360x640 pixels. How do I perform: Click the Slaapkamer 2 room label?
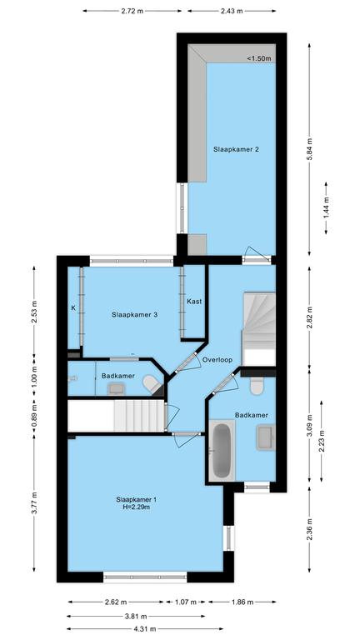click(236, 149)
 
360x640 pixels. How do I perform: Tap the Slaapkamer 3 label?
click(135, 315)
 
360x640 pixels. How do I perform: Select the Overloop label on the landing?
click(217, 360)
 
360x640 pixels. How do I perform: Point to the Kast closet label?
click(194, 302)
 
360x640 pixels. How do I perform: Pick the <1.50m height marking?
click(259, 59)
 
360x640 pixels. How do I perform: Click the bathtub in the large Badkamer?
click(222, 450)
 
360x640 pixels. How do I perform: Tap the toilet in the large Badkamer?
click(257, 386)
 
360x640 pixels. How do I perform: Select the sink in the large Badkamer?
click(266, 437)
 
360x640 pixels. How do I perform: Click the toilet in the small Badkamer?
click(152, 384)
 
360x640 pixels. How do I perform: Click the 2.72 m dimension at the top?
click(132, 11)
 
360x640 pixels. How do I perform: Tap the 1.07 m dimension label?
click(186, 602)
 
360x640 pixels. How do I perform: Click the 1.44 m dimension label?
click(326, 207)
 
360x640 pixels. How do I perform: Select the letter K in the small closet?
click(73, 308)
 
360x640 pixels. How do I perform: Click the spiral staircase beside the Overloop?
click(259, 328)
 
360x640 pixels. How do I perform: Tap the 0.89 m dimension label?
click(34, 416)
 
